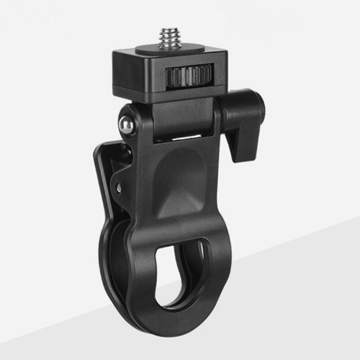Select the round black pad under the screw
tap(171, 49)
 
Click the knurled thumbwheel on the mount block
tap(189, 76)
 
